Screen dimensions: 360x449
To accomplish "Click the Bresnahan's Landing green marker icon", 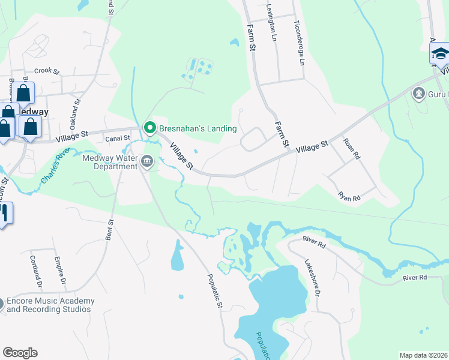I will click(149, 128).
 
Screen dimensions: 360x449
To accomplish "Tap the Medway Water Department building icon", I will click(147, 160).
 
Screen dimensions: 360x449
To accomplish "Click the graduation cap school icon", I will click(440, 55).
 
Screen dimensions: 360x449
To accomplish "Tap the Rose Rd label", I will click(352, 148).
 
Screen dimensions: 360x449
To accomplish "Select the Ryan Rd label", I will click(349, 196).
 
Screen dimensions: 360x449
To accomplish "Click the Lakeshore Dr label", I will click(312, 277).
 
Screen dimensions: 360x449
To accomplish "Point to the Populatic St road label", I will click(215, 292).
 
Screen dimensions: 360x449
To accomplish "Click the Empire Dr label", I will click(59, 271).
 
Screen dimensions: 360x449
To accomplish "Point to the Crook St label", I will click(47, 71).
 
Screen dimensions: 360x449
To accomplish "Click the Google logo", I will click(20, 353).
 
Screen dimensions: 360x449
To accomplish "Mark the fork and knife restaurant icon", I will click(3, 213).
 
